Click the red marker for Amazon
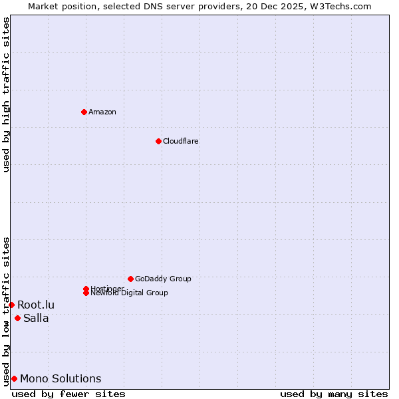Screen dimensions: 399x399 click(84, 112)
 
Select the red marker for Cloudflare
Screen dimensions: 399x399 click(158, 141)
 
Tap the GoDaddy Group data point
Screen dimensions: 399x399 click(130, 279)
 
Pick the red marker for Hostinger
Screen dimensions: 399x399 click(86, 289)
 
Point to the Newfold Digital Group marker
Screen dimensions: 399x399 click(86, 293)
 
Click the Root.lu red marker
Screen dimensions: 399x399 click(11, 305)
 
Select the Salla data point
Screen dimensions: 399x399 click(17, 318)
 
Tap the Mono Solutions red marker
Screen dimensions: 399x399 click(14, 378)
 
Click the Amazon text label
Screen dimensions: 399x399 click(102, 112)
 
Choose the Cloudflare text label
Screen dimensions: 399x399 click(181, 141)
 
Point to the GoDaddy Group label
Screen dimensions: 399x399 click(163, 279)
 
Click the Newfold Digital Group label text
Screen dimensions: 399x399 click(129, 293)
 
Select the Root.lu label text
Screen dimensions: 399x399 click(36, 305)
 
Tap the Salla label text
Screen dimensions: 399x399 click(36, 318)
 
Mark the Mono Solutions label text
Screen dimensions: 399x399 click(61, 378)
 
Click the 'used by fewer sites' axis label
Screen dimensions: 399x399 click(68, 394)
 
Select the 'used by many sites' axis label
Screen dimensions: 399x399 click(334, 394)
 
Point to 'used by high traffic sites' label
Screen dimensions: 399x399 click(7, 94)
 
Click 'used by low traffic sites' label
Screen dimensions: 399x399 click(7, 311)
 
